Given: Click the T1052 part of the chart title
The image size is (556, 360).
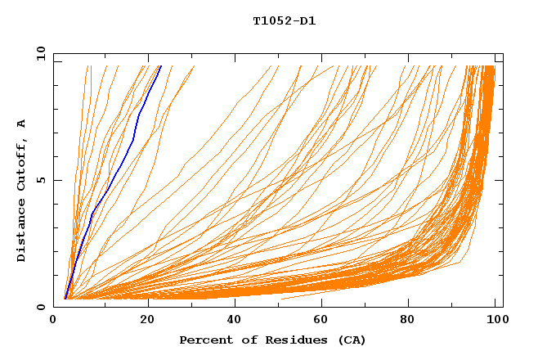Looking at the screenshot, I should point(269,21).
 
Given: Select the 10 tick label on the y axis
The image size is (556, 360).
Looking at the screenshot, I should point(39,53).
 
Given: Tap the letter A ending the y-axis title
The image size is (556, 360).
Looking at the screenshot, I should point(21,124).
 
